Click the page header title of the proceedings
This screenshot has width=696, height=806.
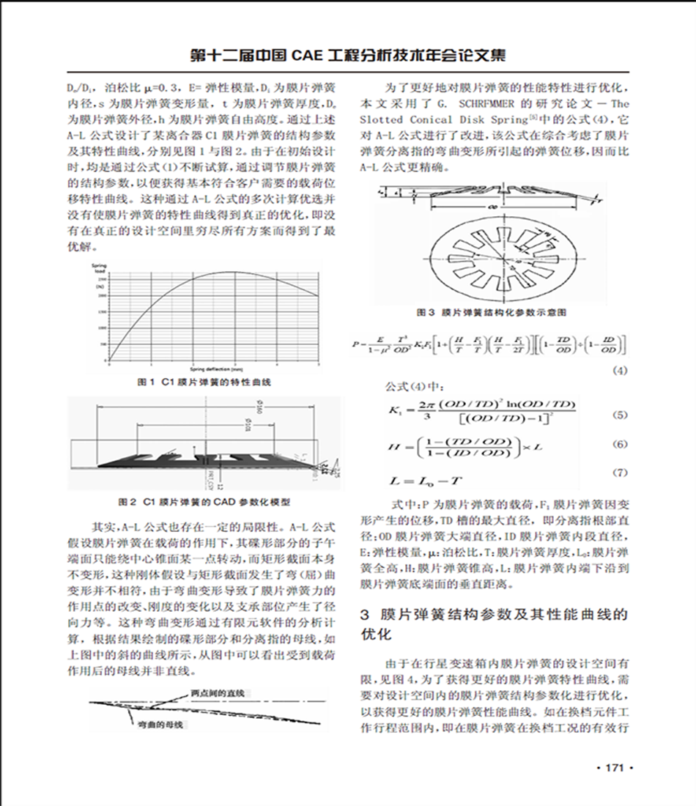tap(347, 55)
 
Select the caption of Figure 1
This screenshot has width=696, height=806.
tap(208, 382)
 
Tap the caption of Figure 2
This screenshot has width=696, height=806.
tap(204, 503)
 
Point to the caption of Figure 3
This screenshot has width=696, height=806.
tap(496, 312)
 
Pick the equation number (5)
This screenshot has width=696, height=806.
tap(620, 415)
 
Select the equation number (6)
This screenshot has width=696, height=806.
tap(620, 445)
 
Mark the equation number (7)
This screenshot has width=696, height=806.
tap(620, 473)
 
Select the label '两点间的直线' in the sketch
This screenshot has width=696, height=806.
tap(217, 692)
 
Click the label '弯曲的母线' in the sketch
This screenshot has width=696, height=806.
tap(163, 724)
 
